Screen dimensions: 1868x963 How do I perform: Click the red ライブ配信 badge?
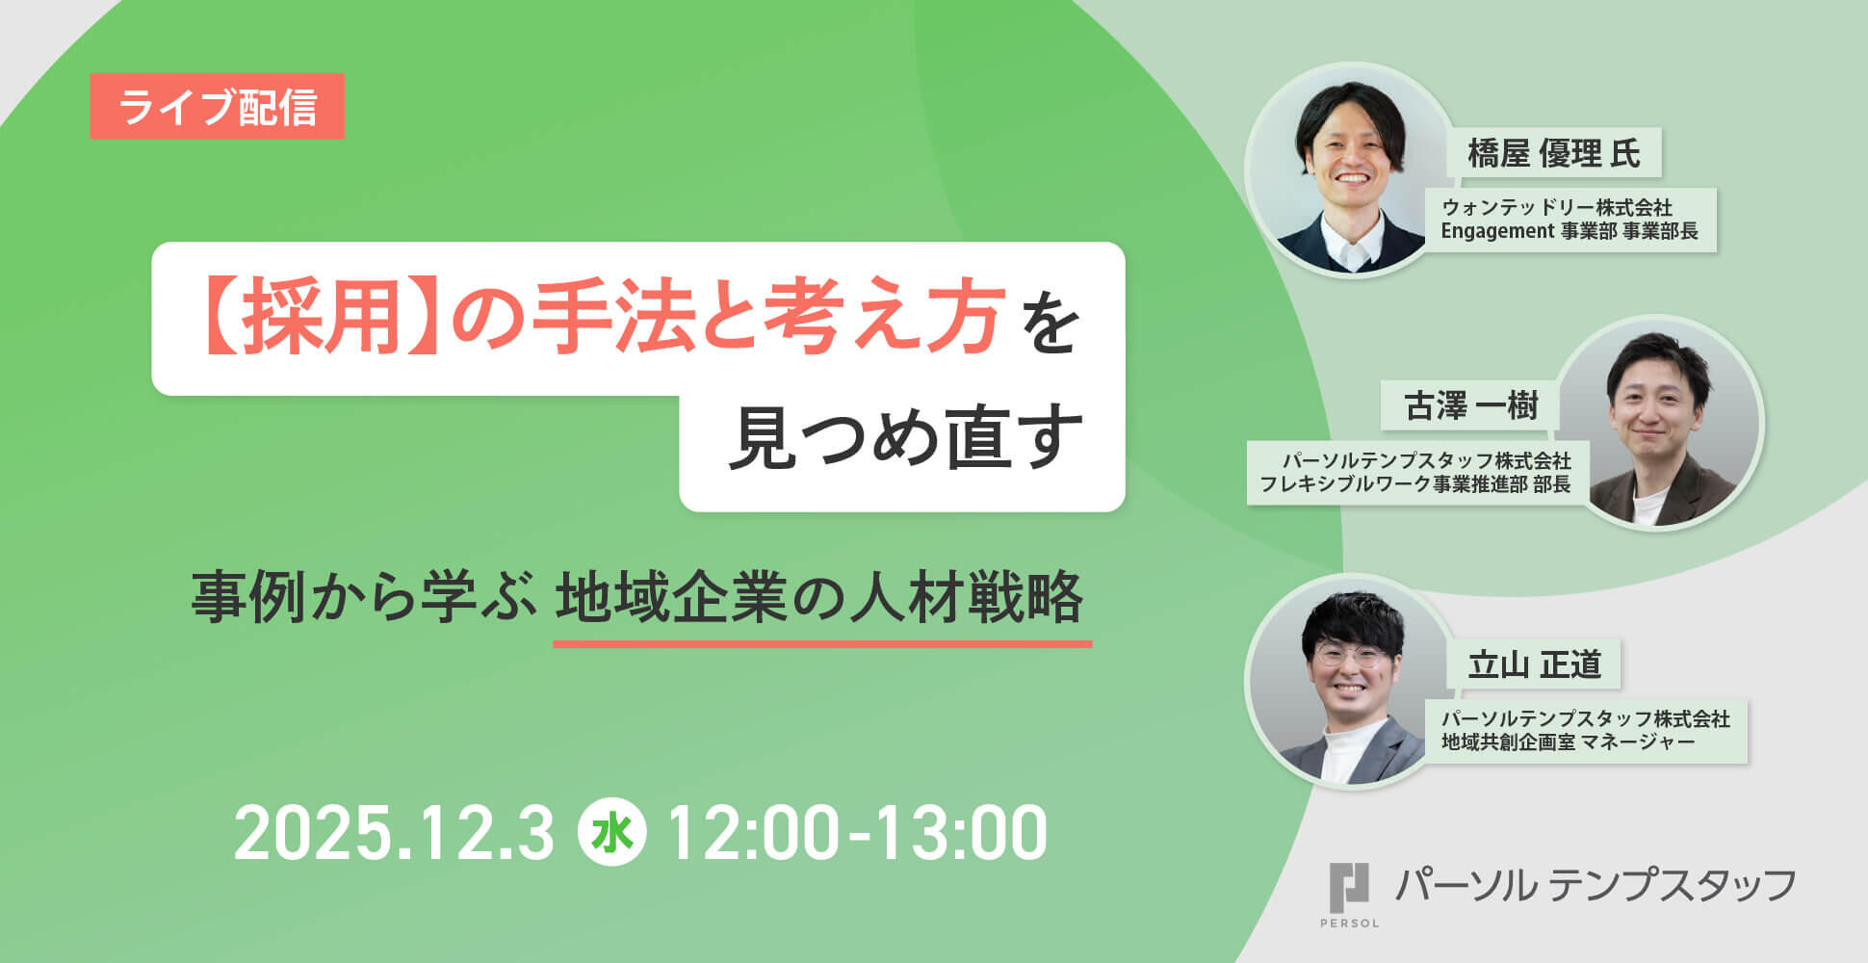click(x=217, y=106)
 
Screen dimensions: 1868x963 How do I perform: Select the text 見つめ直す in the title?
click(x=904, y=439)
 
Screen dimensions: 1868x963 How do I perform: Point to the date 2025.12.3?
click(x=394, y=834)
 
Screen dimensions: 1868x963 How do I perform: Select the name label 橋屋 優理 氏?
click(x=1554, y=153)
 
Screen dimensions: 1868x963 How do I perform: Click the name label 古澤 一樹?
click(x=1471, y=405)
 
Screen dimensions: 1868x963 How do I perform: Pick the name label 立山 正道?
click(x=1534, y=664)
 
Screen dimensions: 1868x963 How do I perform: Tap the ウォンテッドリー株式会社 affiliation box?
click(x=1570, y=220)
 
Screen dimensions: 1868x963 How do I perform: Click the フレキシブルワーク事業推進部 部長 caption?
click(x=1415, y=484)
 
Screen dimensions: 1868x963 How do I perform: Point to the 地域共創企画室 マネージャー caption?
click(x=1568, y=742)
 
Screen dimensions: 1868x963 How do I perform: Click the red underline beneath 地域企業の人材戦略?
click(x=822, y=643)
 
